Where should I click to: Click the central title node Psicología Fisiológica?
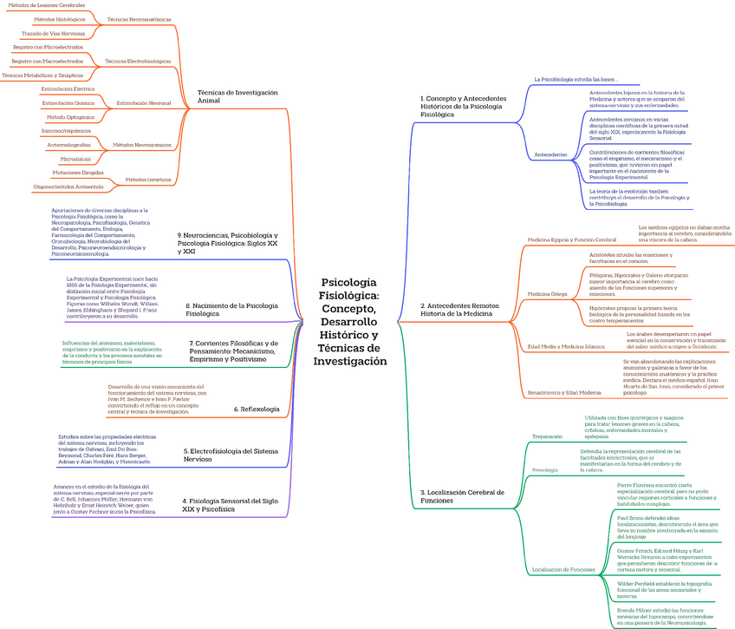[354, 321]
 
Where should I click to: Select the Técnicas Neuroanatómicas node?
[139, 18]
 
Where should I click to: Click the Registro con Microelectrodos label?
[49, 47]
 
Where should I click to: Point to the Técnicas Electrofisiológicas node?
[138, 62]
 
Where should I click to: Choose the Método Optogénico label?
[70, 116]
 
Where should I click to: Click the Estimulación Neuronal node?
[144, 102]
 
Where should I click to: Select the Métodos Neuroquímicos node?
[141, 145]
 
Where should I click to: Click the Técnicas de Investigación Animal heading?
[237, 95]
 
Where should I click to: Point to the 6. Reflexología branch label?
[257, 409]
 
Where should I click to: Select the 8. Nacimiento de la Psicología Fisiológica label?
[232, 309]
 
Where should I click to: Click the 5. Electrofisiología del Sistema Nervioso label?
[230, 455]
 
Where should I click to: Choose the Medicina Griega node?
[547, 294]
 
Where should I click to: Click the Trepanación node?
[547, 436]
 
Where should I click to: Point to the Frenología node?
[545, 469]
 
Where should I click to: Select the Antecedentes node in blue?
[550, 154]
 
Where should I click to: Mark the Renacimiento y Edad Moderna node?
[564, 392]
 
